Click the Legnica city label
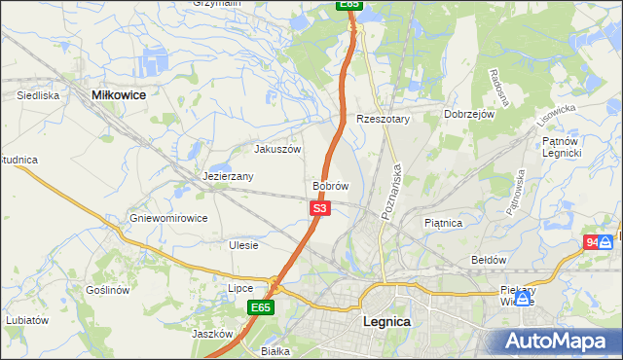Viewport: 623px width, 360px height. [385, 321]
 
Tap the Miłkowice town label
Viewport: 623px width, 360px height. [118, 95]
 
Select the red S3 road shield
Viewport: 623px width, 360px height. [321, 208]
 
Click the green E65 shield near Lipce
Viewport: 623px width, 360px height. [259, 307]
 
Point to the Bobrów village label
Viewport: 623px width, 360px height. [330, 185]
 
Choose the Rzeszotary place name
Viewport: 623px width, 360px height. [384, 119]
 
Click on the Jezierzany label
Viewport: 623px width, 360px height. [229, 177]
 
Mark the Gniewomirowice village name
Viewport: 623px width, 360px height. [168, 218]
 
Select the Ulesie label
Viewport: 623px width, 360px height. [243, 245]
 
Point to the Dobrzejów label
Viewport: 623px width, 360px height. [470, 114]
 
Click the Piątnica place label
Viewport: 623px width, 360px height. [444, 223]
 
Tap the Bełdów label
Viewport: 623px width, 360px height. [489, 260]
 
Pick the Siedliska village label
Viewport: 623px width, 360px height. [39, 95]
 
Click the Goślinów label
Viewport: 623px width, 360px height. [107, 290]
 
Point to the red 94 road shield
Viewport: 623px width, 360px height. [593, 242]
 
